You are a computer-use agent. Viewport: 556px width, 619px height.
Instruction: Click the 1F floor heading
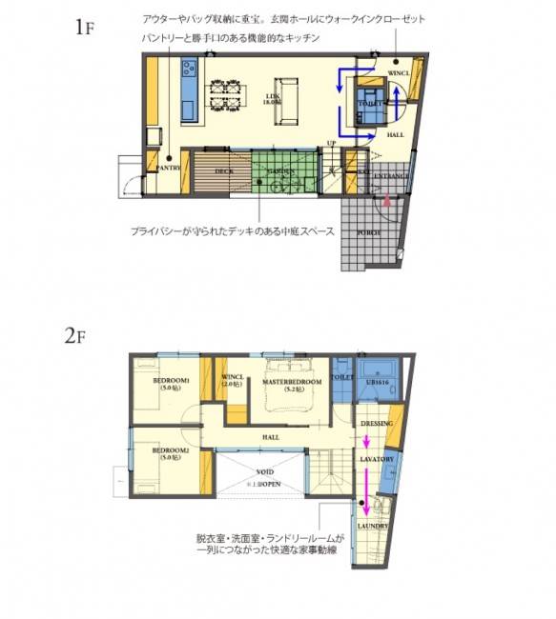[84, 26]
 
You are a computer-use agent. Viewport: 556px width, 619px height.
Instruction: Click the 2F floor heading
[76, 335]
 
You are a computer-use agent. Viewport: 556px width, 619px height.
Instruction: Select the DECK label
[223, 171]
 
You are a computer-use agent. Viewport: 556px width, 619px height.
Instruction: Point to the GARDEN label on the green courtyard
[280, 171]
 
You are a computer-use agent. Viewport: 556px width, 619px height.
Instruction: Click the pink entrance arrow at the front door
[386, 201]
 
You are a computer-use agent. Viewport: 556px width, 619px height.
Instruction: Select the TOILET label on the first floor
[370, 102]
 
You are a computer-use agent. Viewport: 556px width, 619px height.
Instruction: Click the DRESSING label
[377, 422]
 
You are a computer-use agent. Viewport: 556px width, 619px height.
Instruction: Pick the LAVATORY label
[377, 459]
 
